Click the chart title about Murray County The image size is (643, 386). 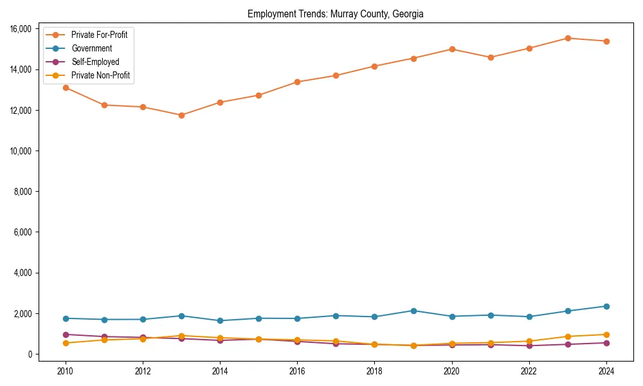335,14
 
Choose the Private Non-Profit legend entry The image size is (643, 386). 100,76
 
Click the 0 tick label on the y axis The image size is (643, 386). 30,354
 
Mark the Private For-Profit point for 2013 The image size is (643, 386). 181,115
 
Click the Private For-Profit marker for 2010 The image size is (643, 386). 66,87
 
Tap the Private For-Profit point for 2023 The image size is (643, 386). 568,38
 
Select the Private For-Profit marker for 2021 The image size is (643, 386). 491,57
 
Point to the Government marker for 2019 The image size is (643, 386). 413,311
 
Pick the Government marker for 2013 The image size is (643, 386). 181,316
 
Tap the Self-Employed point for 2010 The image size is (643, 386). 66,335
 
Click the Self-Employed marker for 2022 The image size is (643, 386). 529,345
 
